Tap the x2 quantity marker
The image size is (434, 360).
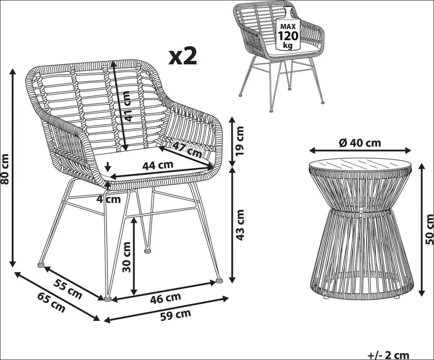click(x=183, y=56)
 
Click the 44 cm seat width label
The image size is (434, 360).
click(x=158, y=165)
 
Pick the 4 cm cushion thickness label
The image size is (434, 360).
click(x=108, y=199)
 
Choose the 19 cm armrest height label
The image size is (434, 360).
click(x=240, y=140)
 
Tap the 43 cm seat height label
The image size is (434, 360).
click(x=240, y=225)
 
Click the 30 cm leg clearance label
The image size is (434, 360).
click(x=126, y=257)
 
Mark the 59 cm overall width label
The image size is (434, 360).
click(x=176, y=315)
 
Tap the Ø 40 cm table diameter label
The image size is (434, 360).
click(x=360, y=143)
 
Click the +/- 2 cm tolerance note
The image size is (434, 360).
click(x=388, y=355)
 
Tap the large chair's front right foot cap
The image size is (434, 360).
click(x=219, y=280)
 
